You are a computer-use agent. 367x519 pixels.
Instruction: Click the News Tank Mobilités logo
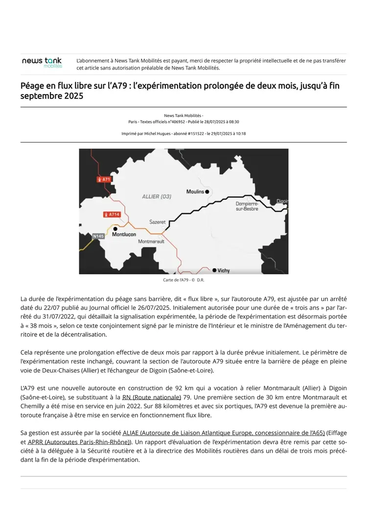[42, 62]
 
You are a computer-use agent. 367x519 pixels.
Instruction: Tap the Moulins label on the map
[195, 191]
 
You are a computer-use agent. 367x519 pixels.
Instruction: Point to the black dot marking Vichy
[214, 270]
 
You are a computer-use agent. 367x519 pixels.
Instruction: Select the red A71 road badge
[104, 179]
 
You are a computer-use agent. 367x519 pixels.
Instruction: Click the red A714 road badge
[112, 214]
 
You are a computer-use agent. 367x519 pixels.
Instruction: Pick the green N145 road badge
[98, 236]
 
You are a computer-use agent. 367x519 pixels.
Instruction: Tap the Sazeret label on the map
[157, 222]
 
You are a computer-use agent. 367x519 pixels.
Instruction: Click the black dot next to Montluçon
[115, 229]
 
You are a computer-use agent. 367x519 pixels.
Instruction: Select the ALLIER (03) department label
[157, 197]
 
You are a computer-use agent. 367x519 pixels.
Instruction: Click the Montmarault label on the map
[151, 241]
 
